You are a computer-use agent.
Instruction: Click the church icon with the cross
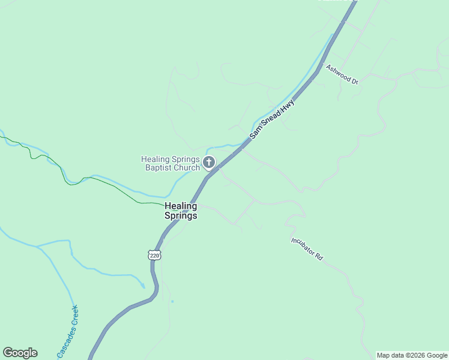click(x=209, y=163)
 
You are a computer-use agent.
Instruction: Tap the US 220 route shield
click(x=155, y=256)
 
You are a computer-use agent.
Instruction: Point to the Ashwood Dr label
click(x=342, y=74)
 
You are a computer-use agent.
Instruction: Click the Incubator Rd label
click(x=307, y=248)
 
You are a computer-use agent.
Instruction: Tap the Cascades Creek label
click(x=68, y=332)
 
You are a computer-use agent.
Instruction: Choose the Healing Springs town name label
click(x=181, y=211)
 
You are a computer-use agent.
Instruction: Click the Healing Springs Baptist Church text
click(x=170, y=163)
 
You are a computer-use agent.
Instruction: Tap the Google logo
click(x=20, y=353)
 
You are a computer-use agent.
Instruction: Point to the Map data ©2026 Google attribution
click(x=412, y=355)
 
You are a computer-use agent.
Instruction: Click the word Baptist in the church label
click(x=159, y=167)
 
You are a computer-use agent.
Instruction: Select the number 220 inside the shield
click(x=155, y=256)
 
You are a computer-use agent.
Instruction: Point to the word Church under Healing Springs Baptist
click(x=187, y=167)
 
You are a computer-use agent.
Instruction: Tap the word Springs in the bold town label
click(x=181, y=215)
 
